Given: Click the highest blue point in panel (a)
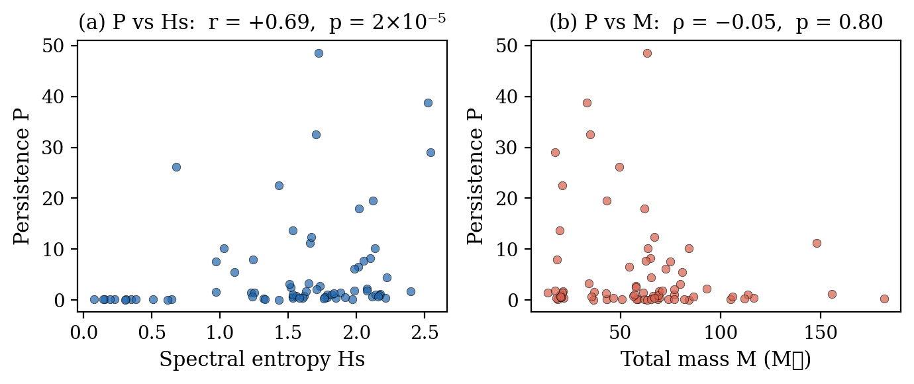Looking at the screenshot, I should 319,53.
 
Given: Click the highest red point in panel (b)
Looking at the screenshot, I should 647,53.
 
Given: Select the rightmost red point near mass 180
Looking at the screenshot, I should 884,299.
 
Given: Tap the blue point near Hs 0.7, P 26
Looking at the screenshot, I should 176,167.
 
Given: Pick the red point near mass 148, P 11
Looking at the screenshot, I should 817,243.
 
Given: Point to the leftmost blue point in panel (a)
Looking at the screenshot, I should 94,299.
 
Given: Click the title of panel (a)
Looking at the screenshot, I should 262,23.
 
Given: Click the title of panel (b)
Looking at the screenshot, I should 716,23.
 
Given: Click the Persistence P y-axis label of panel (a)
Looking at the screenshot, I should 22,175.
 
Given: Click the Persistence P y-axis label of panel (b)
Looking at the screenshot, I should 476,175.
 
